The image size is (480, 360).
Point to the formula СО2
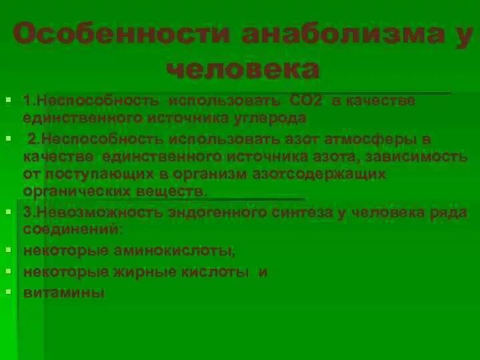(306, 101)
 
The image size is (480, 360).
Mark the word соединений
(72, 229)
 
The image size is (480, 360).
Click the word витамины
(64, 292)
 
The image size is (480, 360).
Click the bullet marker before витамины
(8, 291)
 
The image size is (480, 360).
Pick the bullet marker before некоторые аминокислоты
(8, 250)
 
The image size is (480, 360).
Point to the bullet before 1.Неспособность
(8, 100)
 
